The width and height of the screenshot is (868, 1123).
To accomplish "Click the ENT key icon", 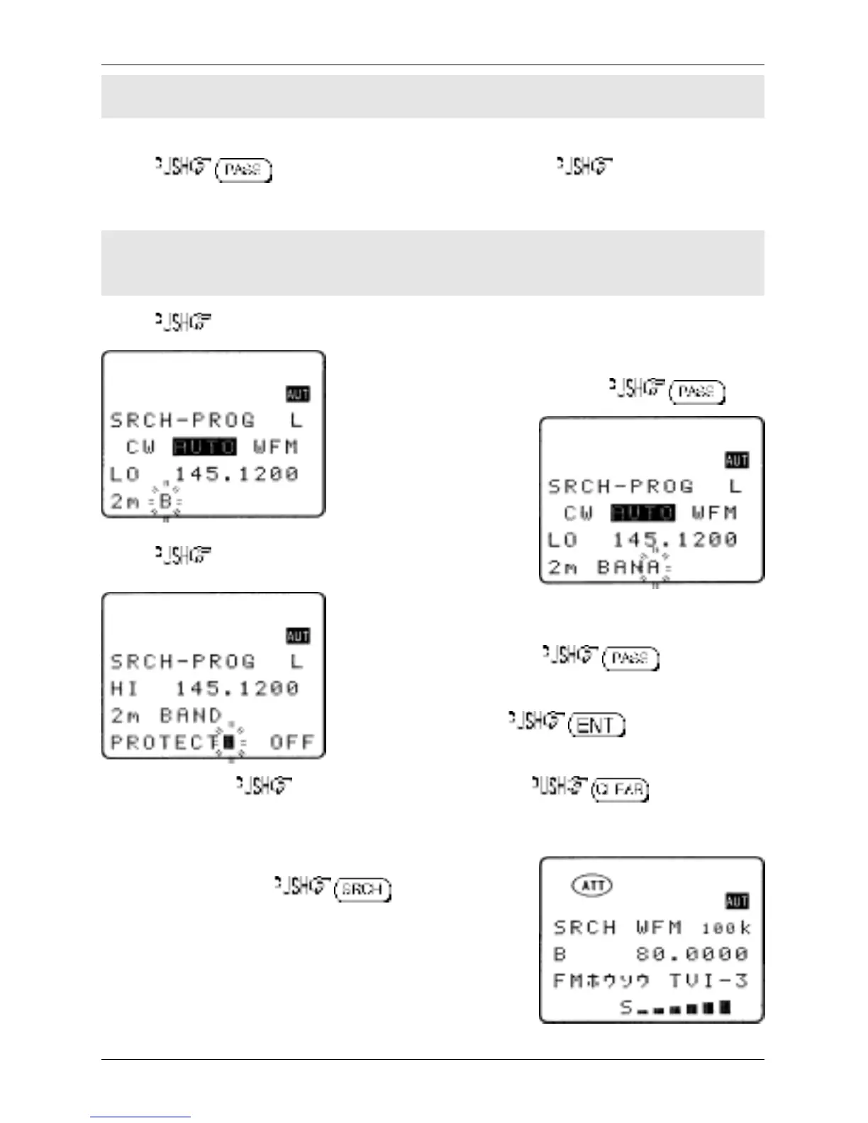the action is (596, 725).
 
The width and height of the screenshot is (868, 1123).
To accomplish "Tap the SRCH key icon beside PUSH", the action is (362, 889).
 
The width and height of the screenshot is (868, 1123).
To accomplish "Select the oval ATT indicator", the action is (592, 885).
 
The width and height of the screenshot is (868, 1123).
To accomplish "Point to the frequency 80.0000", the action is (691, 954).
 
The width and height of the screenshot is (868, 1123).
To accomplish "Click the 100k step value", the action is (725, 928).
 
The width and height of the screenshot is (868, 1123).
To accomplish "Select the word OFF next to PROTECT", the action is (291, 742).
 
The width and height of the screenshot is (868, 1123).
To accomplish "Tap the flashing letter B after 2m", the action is (165, 501).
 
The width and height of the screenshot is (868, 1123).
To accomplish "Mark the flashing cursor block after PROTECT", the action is (228, 742).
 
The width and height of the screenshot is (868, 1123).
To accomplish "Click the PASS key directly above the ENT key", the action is (630, 659).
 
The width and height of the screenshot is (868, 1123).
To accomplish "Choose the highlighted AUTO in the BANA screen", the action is (642, 513).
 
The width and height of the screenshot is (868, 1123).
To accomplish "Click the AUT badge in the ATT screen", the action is (737, 901).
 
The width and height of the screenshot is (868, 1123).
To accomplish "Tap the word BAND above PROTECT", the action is (191, 715).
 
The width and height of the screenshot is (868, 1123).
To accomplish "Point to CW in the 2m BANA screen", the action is (579, 513).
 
